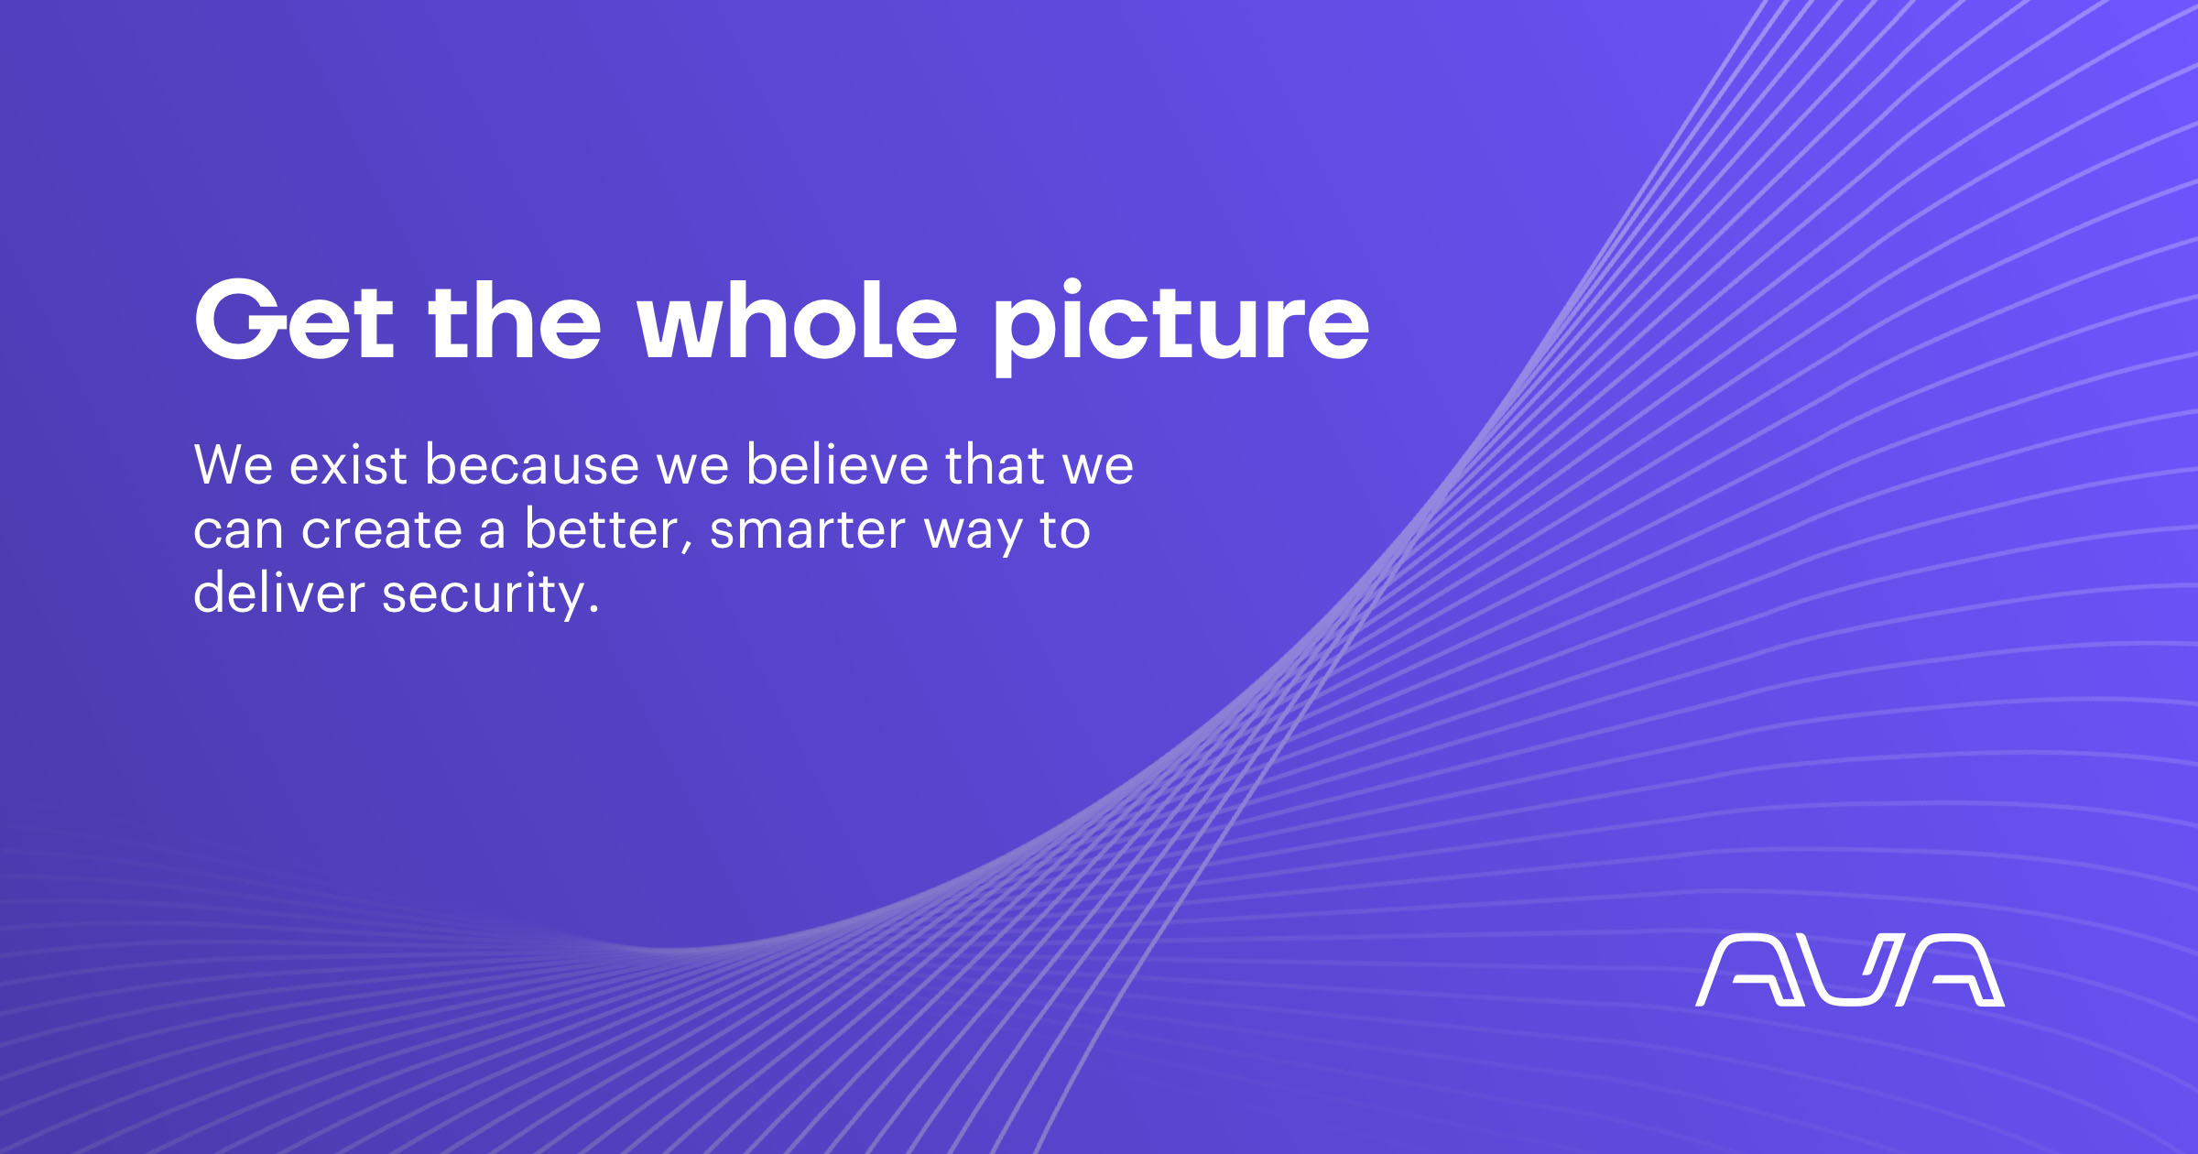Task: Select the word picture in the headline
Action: pyautogui.click(x=1181, y=326)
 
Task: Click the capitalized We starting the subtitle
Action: pyautogui.click(x=234, y=464)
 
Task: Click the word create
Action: pyautogui.click(x=381, y=529)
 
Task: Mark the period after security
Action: pyautogui.click(x=594, y=609)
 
